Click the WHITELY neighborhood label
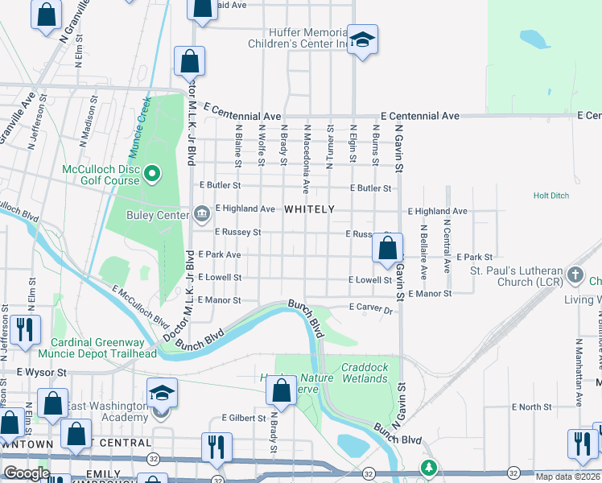pyautogui.click(x=309, y=209)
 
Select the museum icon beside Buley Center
pyautogui.click(x=201, y=214)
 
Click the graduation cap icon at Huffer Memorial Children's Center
pyautogui.click(x=363, y=40)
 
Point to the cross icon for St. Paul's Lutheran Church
pyautogui.click(x=575, y=275)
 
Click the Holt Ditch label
pyautogui.click(x=550, y=196)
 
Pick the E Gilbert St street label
pyautogui.click(x=243, y=419)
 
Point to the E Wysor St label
pyautogui.click(x=39, y=374)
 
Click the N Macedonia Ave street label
pyautogui.click(x=307, y=159)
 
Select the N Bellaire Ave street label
pyautogui.click(x=423, y=246)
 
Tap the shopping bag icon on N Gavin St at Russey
pyautogui.click(x=387, y=248)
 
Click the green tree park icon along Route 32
pyautogui.click(x=430, y=468)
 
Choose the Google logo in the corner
pyautogui.click(x=27, y=473)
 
